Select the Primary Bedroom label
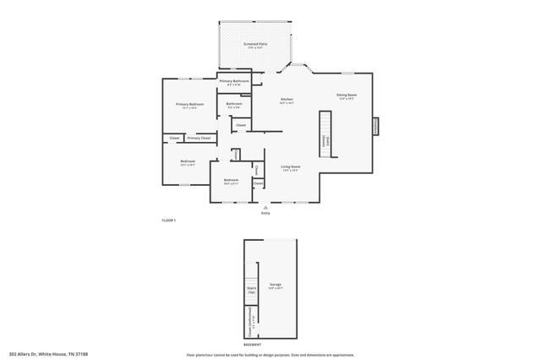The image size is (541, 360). click(191, 105)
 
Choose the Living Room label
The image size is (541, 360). click(291, 167)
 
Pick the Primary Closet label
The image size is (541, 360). click(199, 138)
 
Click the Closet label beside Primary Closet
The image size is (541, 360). click(174, 138)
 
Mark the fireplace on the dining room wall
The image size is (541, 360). click(376, 125)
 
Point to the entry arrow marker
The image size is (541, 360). click(265, 206)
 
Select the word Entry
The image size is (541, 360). click(265, 213)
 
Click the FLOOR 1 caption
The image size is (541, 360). click(169, 221)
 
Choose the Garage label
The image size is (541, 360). click(276, 286)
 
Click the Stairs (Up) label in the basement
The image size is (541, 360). click(251, 289)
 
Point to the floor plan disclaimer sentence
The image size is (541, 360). click(270, 354)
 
